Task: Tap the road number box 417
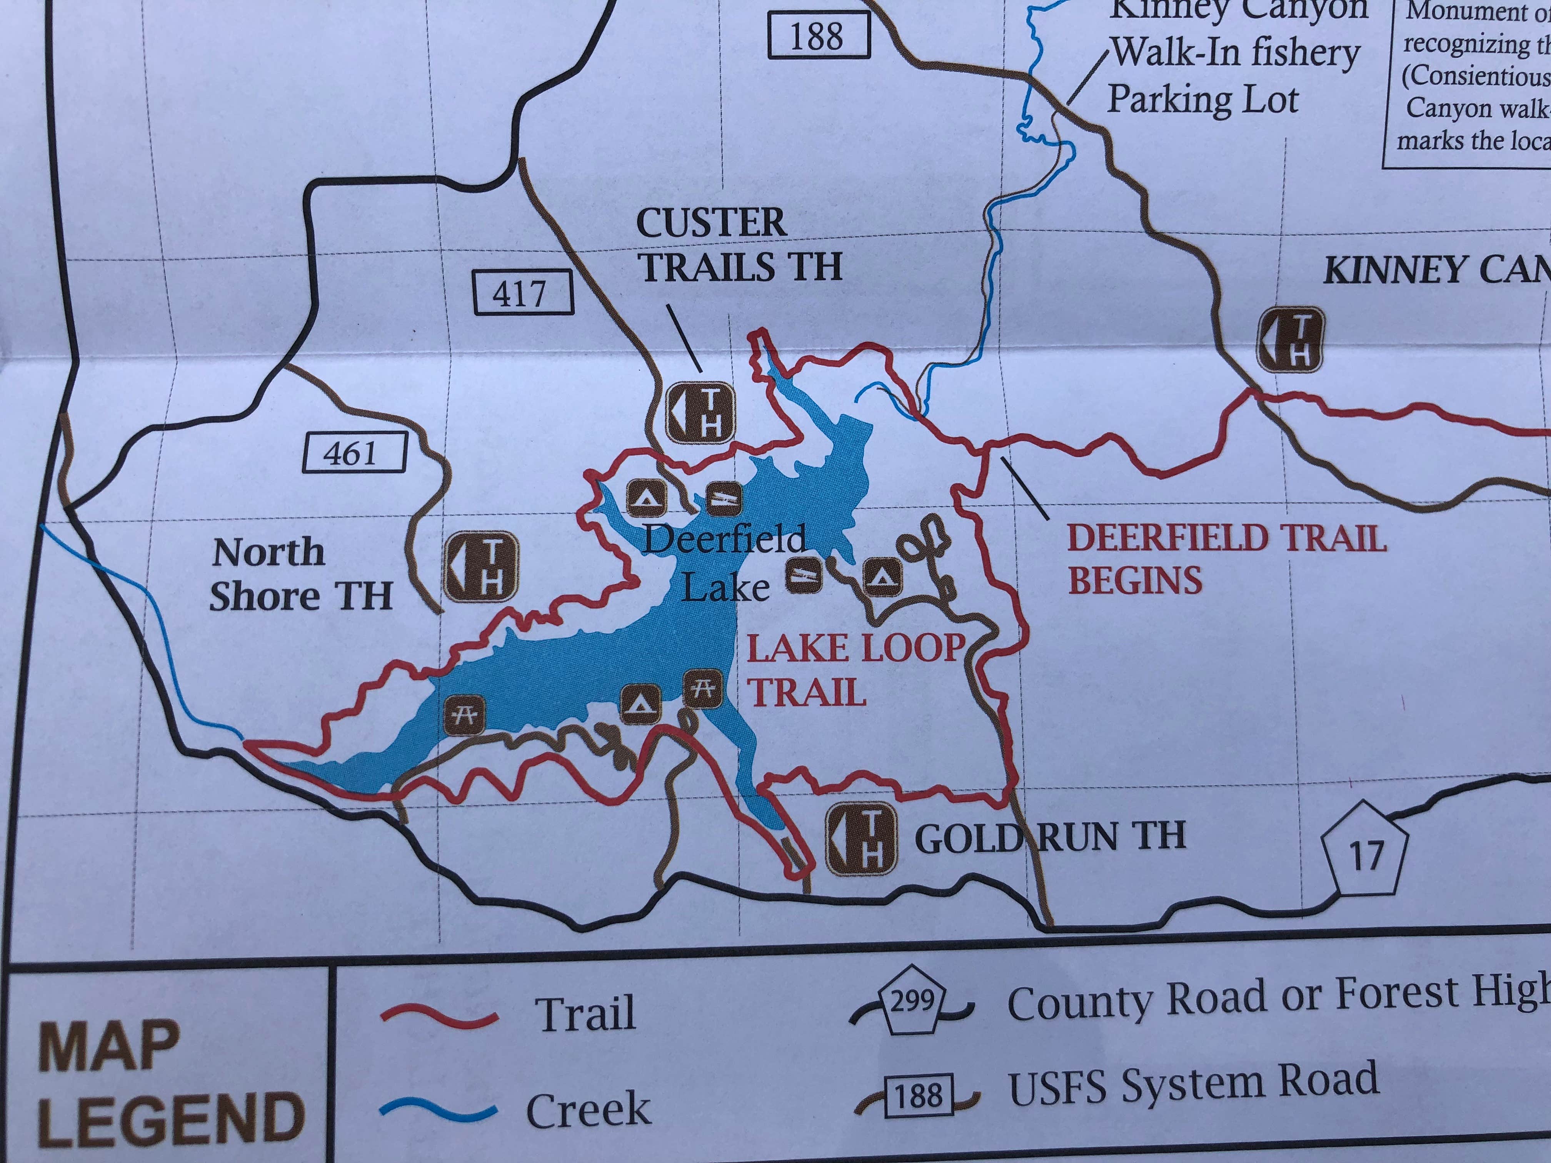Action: pyautogui.click(x=523, y=292)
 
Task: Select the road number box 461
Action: pyautogui.click(x=355, y=453)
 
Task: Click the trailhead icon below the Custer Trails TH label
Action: pyautogui.click(x=700, y=413)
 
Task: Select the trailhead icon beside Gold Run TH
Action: pyautogui.click(x=861, y=839)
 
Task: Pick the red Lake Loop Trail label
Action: pyautogui.click(x=854, y=670)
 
